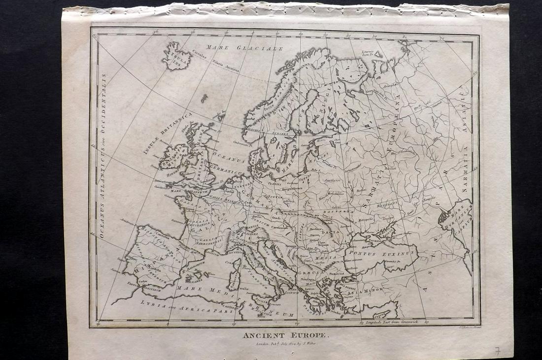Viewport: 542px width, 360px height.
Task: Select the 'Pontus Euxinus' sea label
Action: coord(381,252)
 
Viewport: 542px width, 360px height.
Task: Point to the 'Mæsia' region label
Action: coord(329,256)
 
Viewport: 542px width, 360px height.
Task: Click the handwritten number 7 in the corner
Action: coord(498,351)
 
